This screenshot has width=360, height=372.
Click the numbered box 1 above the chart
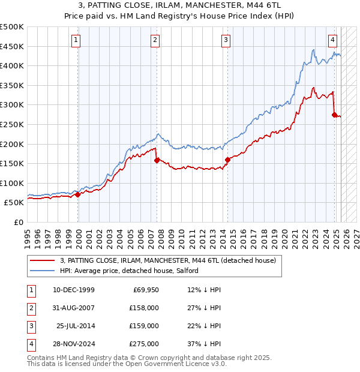tap(77, 40)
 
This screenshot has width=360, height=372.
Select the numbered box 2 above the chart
tap(155, 40)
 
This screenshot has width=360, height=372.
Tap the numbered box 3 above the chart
tap(226, 40)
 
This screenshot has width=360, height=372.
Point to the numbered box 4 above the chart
tap(332, 40)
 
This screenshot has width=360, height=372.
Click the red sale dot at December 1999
tap(78, 194)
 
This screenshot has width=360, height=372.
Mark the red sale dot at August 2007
tap(157, 160)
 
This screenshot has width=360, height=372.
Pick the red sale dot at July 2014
tap(227, 160)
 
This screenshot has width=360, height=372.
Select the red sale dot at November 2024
tap(334, 115)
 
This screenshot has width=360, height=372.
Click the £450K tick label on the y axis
tap(12, 46)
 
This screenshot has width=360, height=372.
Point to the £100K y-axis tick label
tap(12, 183)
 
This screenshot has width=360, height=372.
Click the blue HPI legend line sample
tap(42, 271)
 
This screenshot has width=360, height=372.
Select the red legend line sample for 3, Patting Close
tap(42, 260)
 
